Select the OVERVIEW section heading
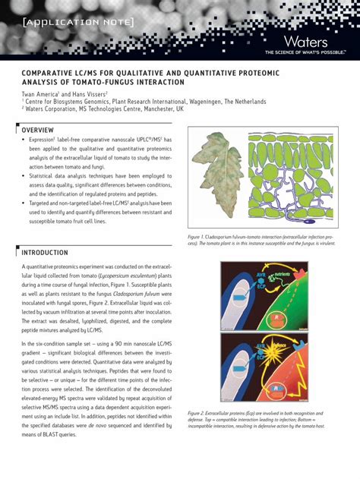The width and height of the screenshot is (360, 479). pyautogui.click(x=37, y=130)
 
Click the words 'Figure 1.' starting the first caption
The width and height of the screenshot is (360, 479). pyautogui.click(x=201, y=238)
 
